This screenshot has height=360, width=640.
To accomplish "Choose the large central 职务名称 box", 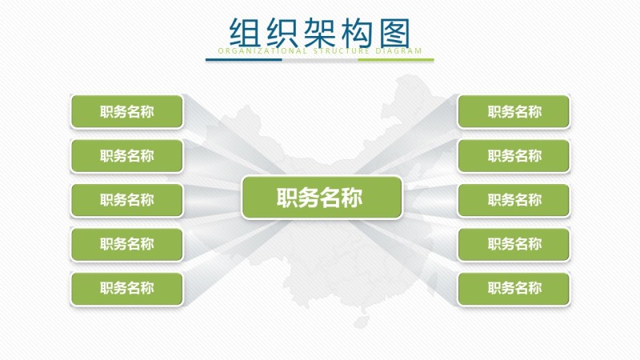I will [x=321, y=198].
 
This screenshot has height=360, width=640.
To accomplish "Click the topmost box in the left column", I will [x=126, y=112].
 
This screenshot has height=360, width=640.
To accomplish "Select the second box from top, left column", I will [x=126, y=156].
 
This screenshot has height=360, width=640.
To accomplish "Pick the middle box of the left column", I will [x=126, y=200].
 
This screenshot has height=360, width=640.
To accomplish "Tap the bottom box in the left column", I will [x=126, y=288].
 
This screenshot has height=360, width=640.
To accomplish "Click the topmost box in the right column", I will [x=514, y=112].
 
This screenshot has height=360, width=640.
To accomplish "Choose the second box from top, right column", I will [x=514, y=156].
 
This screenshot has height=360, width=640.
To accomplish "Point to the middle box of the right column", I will [x=514, y=200].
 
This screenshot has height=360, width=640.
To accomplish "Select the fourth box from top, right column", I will [x=514, y=244].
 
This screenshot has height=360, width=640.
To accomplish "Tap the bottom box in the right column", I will [x=514, y=288].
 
